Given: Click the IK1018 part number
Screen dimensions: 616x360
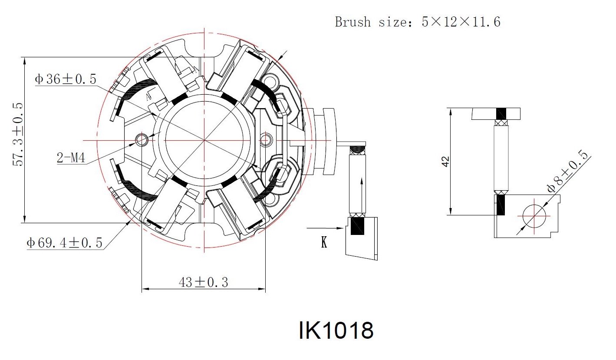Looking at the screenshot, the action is point(336,330).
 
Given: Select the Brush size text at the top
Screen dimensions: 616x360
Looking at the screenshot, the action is point(418,22).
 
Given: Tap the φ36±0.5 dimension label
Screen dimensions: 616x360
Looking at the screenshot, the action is point(66,79).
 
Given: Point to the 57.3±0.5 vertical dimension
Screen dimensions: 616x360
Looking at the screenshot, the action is point(18,135).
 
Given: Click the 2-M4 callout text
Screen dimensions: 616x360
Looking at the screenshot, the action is point(71,158).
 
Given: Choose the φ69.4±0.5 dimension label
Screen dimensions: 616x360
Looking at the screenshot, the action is point(64,243).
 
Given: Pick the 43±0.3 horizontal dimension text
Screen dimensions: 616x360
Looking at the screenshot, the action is point(204,282).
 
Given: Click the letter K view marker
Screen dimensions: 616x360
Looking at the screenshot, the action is point(324,242).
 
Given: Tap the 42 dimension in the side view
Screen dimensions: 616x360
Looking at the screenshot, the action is point(445,162).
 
